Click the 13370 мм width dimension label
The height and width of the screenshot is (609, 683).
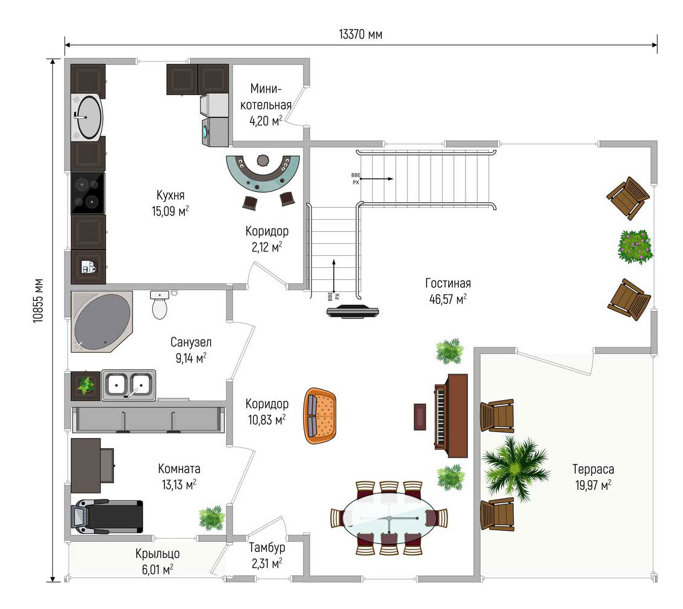point(361,34)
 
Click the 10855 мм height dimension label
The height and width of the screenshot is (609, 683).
point(39,300)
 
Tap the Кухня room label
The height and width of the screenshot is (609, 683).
point(170,195)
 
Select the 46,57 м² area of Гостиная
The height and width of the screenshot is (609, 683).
point(448,299)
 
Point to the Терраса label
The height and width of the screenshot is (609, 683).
point(593,469)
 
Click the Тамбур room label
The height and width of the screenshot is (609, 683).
point(267,548)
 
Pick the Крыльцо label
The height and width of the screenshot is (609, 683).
point(157,554)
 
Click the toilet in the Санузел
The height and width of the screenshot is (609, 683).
point(160,304)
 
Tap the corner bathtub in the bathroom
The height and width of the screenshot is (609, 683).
point(102,322)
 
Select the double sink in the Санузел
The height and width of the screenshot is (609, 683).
point(128,385)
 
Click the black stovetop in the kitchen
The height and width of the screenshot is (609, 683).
point(88,193)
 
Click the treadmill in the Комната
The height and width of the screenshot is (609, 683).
point(107,517)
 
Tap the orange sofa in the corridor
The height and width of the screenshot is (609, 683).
point(320,416)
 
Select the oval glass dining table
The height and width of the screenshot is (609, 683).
point(389,518)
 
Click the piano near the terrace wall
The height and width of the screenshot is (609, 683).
point(451,416)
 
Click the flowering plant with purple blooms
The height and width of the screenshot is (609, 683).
point(635,246)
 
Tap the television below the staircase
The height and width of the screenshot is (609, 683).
point(353,312)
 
